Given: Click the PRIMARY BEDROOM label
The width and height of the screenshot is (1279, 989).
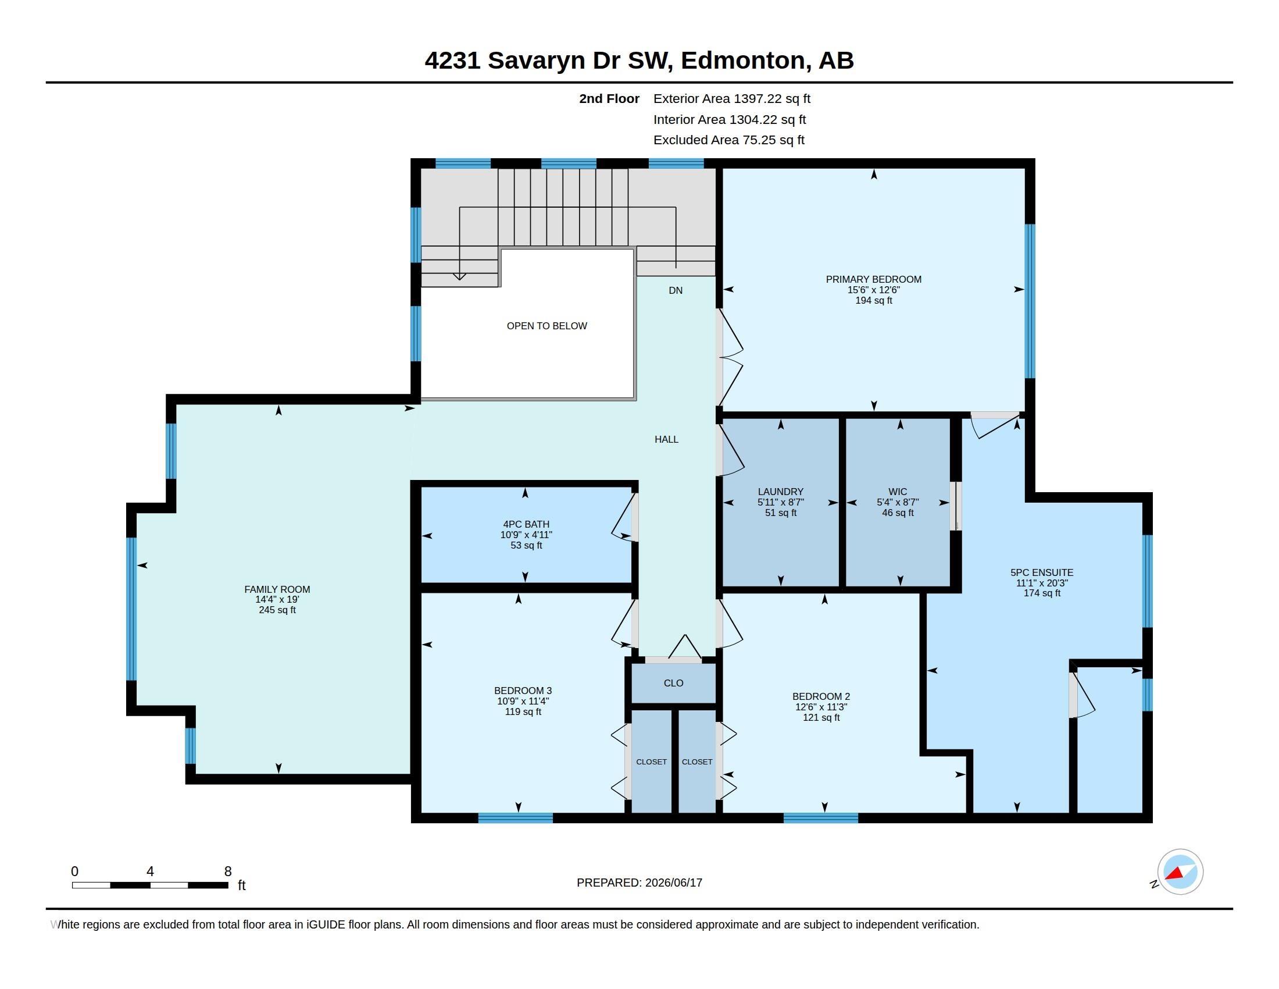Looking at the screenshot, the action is pyautogui.click(x=873, y=279).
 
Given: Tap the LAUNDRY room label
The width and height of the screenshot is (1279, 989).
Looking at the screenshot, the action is pyautogui.click(x=780, y=492).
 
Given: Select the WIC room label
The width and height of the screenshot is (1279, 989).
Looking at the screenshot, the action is pyautogui.click(x=897, y=492).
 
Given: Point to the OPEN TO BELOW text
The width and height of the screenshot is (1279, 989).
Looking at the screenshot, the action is pyautogui.click(x=546, y=326).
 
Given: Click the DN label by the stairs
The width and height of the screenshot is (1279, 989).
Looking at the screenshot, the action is pyautogui.click(x=675, y=290).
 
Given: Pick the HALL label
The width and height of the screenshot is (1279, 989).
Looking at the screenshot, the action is pyautogui.click(x=666, y=439).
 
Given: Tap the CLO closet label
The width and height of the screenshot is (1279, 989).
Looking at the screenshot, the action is pyautogui.click(x=673, y=682).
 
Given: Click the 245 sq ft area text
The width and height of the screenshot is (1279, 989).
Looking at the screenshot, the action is pyautogui.click(x=277, y=610).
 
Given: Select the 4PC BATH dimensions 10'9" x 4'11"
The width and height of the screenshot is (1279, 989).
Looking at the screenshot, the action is pyautogui.click(x=526, y=535).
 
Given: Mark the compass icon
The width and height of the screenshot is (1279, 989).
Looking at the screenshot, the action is pyautogui.click(x=1180, y=871).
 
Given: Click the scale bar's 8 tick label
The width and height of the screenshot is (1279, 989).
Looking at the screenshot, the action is pyautogui.click(x=228, y=871).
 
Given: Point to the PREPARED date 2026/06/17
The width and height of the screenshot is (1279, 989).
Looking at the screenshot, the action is pyautogui.click(x=673, y=883).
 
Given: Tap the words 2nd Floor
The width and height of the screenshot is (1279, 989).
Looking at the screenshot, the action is pyautogui.click(x=609, y=98).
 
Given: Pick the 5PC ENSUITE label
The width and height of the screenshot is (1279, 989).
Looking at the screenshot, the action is pyautogui.click(x=1042, y=572).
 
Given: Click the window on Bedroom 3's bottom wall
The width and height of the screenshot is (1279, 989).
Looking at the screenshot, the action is pyautogui.click(x=515, y=818).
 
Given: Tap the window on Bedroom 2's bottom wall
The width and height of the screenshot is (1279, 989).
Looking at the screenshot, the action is pyautogui.click(x=820, y=818).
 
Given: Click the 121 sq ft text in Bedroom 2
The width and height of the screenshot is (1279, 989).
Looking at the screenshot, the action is pyautogui.click(x=821, y=717).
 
